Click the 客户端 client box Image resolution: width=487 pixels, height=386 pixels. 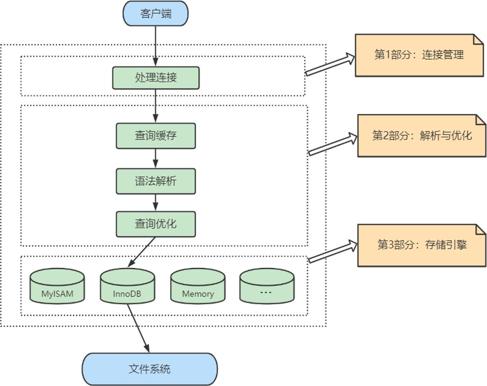pos(156,14)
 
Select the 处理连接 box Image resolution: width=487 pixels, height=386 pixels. pos(156,78)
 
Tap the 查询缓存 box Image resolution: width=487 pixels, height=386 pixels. pos(156,136)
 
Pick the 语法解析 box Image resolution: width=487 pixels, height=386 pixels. pos(156,181)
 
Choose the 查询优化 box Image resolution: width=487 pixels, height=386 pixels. pos(156,224)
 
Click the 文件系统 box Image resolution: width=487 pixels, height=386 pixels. pos(150,369)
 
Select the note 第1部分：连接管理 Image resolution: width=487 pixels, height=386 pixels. pos(419,55)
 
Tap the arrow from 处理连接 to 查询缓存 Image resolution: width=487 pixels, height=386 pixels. pos(156,105)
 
